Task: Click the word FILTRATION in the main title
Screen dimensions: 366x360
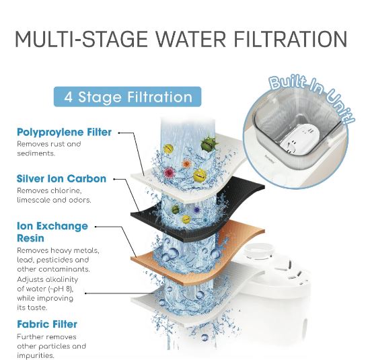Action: [291, 39]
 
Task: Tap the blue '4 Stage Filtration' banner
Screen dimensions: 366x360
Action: [127, 97]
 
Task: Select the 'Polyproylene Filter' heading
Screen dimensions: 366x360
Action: [64, 133]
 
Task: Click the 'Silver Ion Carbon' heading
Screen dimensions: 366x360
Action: [61, 178]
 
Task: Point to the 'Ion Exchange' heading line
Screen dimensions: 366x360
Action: [52, 226]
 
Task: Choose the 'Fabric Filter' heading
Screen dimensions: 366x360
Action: [47, 324]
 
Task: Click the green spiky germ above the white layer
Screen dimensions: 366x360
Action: [209, 144]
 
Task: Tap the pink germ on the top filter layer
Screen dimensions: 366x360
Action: [169, 172]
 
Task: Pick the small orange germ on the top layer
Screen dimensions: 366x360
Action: [186, 164]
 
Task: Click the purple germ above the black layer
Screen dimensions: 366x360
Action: [196, 210]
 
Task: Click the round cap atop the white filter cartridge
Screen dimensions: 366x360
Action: [259, 250]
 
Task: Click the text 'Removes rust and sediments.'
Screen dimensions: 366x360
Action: [49, 149]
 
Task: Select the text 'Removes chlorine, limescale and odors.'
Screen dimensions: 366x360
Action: [54, 195]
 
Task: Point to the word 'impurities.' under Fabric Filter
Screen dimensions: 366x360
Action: [36, 355]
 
